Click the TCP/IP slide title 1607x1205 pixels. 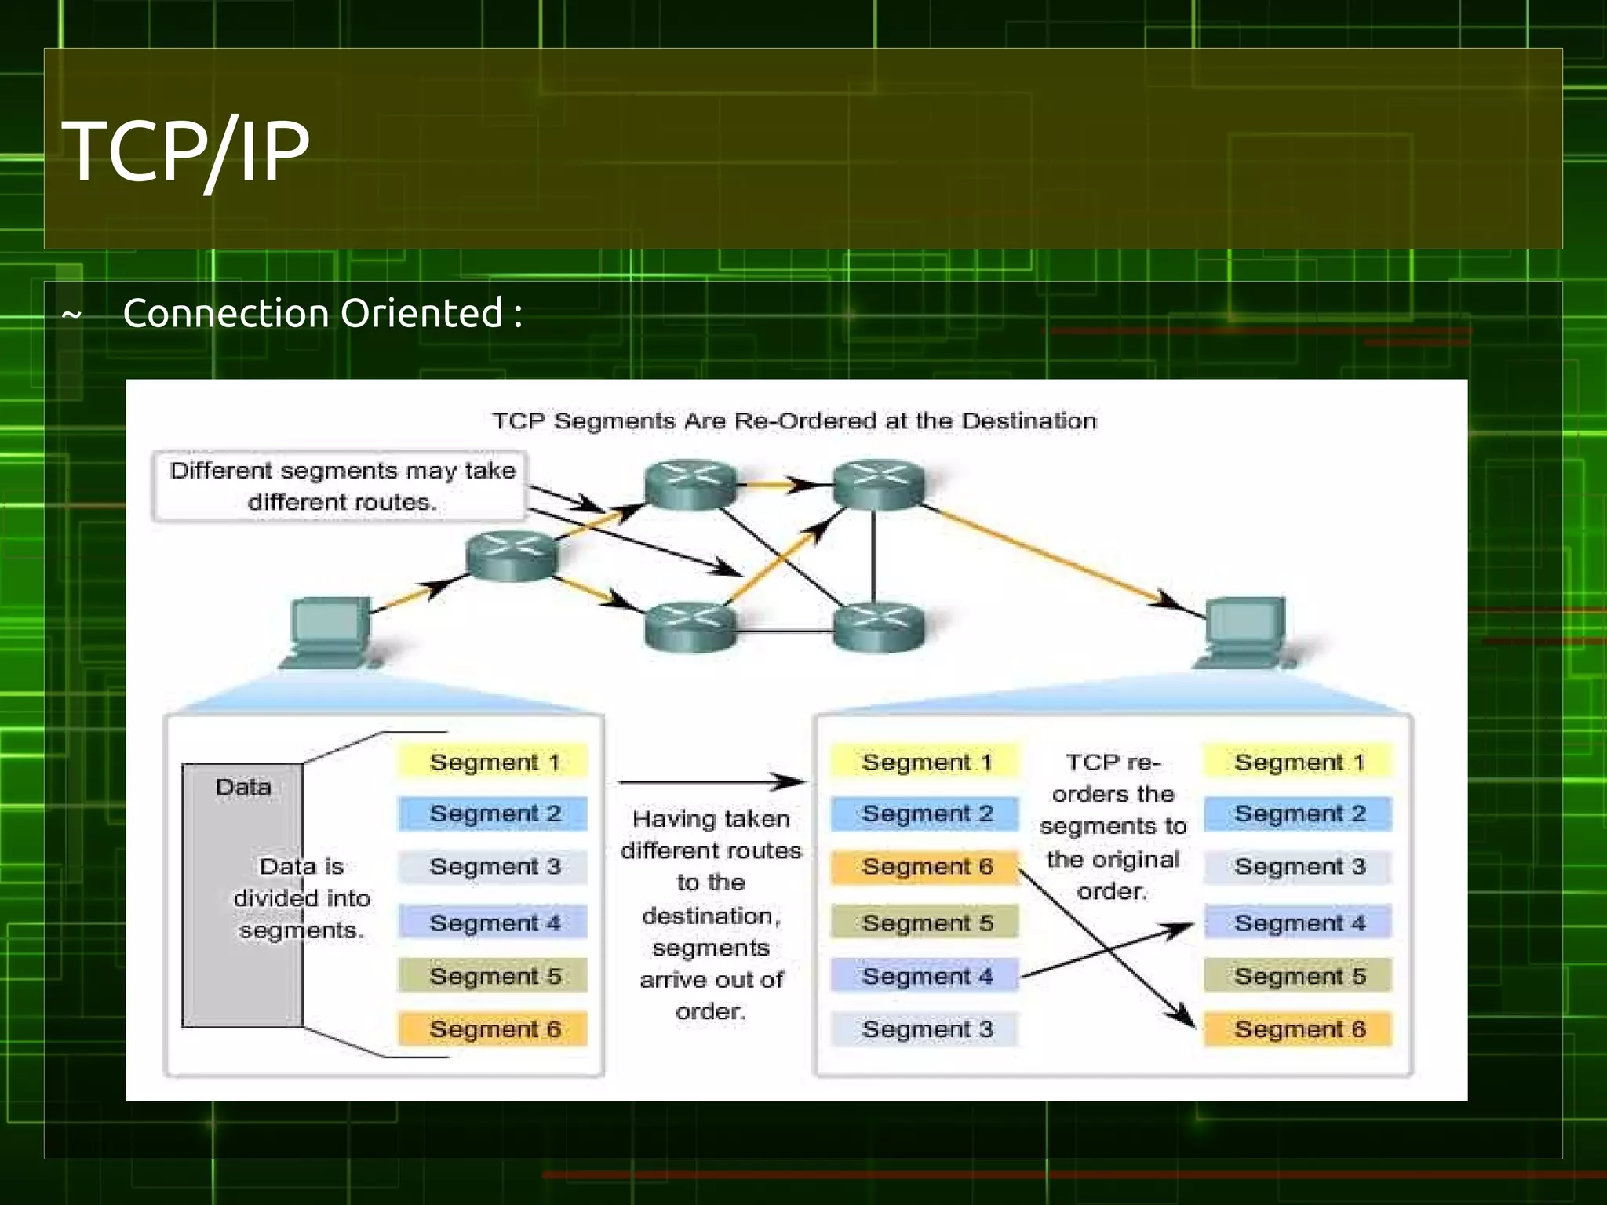click(186, 151)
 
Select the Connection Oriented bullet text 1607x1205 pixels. click(322, 313)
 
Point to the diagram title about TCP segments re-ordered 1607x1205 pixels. click(794, 421)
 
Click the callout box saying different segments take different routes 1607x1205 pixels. click(341, 486)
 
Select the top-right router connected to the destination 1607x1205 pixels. click(878, 485)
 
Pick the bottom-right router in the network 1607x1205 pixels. click(878, 626)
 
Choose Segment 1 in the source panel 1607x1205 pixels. click(494, 762)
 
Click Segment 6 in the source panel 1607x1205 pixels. click(494, 1028)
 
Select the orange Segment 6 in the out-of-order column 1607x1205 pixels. click(926, 867)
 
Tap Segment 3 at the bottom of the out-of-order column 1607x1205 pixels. click(926, 1028)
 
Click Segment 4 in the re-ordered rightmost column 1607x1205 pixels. click(1299, 923)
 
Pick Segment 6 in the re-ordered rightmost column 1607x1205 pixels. click(1299, 1028)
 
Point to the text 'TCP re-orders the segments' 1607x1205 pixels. click(1112, 826)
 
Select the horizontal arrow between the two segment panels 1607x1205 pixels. click(710, 781)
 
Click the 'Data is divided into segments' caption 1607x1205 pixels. click(302, 898)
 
